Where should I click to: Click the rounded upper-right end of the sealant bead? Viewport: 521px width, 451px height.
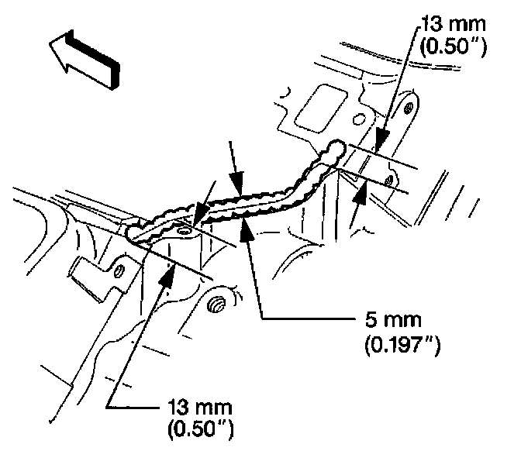(x=338, y=147)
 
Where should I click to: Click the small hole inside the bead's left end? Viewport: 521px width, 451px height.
(x=183, y=230)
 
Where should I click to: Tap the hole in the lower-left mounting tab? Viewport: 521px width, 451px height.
(x=119, y=270)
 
